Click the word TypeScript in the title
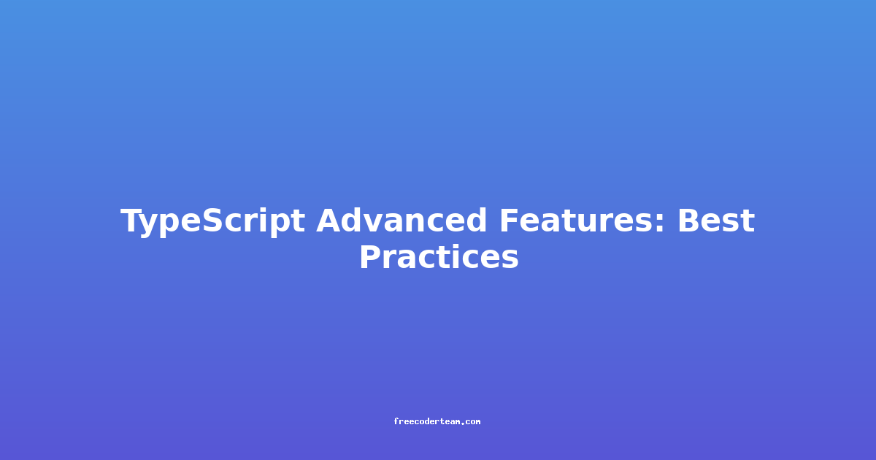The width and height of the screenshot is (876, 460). pyautogui.click(x=212, y=222)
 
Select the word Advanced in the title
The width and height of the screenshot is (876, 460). pyautogui.click(x=401, y=221)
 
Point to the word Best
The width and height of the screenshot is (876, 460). pyautogui.click(x=716, y=221)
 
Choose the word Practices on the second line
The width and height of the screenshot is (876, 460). pyautogui.click(x=439, y=256)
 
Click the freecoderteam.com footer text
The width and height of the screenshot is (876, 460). pyautogui.click(x=437, y=421)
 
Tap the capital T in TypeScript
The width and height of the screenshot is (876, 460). pyautogui.click(x=133, y=221)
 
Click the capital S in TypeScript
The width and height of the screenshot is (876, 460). pyautogui.click(x=213, y=221)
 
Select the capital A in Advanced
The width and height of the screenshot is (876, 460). pyautogui.click(x=330, y=221)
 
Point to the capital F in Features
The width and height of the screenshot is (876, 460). pyautogui.click(x=510, y=221)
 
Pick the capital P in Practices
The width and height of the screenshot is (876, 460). pyautogui.click(x=372, y=256)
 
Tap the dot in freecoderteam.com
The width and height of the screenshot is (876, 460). pyautogui.click(x=464, y=423)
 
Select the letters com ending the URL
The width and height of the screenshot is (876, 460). pyautogui.click(x=473, y=422)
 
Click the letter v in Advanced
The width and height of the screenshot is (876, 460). pyautogui.click(x=379, y=223)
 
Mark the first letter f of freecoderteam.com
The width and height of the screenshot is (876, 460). pyautogui.click(x=396, y=421)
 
